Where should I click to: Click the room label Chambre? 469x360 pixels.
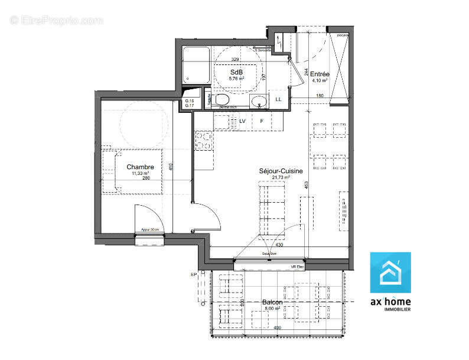(144, 167)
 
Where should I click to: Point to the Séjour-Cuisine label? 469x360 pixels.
(281, 171)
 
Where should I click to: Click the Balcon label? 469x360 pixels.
(272, 302)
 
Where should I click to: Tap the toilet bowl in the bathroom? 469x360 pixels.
(222, 99)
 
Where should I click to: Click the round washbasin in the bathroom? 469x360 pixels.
(258, 102)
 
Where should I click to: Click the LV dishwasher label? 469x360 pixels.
(242, 121)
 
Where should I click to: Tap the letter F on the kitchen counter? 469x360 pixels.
(261, 121)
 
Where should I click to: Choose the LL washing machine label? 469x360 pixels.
(278, 99)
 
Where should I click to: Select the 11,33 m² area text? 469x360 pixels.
(141, 173)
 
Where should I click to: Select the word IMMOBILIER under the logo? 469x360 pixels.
(398, 309)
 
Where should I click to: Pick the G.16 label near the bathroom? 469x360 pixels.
(190, 102)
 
